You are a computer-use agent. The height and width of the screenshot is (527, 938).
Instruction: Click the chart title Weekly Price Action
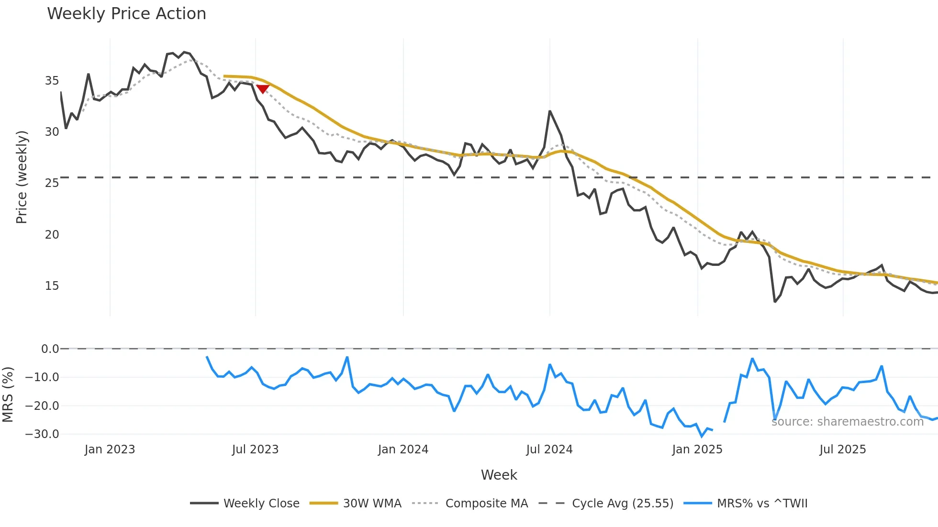126,14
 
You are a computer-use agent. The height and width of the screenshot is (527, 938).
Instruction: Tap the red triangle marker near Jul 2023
263,89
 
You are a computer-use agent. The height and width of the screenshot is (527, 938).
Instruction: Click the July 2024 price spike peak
550,111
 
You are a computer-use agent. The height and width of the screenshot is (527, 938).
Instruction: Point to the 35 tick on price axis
52,80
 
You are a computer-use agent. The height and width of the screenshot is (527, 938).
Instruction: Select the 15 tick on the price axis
52,285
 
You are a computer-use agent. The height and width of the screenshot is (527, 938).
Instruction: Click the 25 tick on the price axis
52,183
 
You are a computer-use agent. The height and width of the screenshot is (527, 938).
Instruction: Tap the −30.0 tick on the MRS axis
42,434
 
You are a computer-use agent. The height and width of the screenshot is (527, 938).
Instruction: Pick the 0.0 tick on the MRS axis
50,349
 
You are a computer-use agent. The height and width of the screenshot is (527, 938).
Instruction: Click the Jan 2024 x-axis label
403,450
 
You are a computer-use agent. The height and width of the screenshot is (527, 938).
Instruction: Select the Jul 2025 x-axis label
842,450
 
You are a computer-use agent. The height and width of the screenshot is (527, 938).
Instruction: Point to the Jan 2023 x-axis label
110,450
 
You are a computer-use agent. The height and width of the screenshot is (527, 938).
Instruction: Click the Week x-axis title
499,475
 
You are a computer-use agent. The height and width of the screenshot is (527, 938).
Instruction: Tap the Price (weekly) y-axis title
22,177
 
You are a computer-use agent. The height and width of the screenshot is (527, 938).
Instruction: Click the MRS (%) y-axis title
8,395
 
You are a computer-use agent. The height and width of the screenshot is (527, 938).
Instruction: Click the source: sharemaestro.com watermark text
847,422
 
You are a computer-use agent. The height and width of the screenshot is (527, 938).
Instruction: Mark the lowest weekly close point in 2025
775,302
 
